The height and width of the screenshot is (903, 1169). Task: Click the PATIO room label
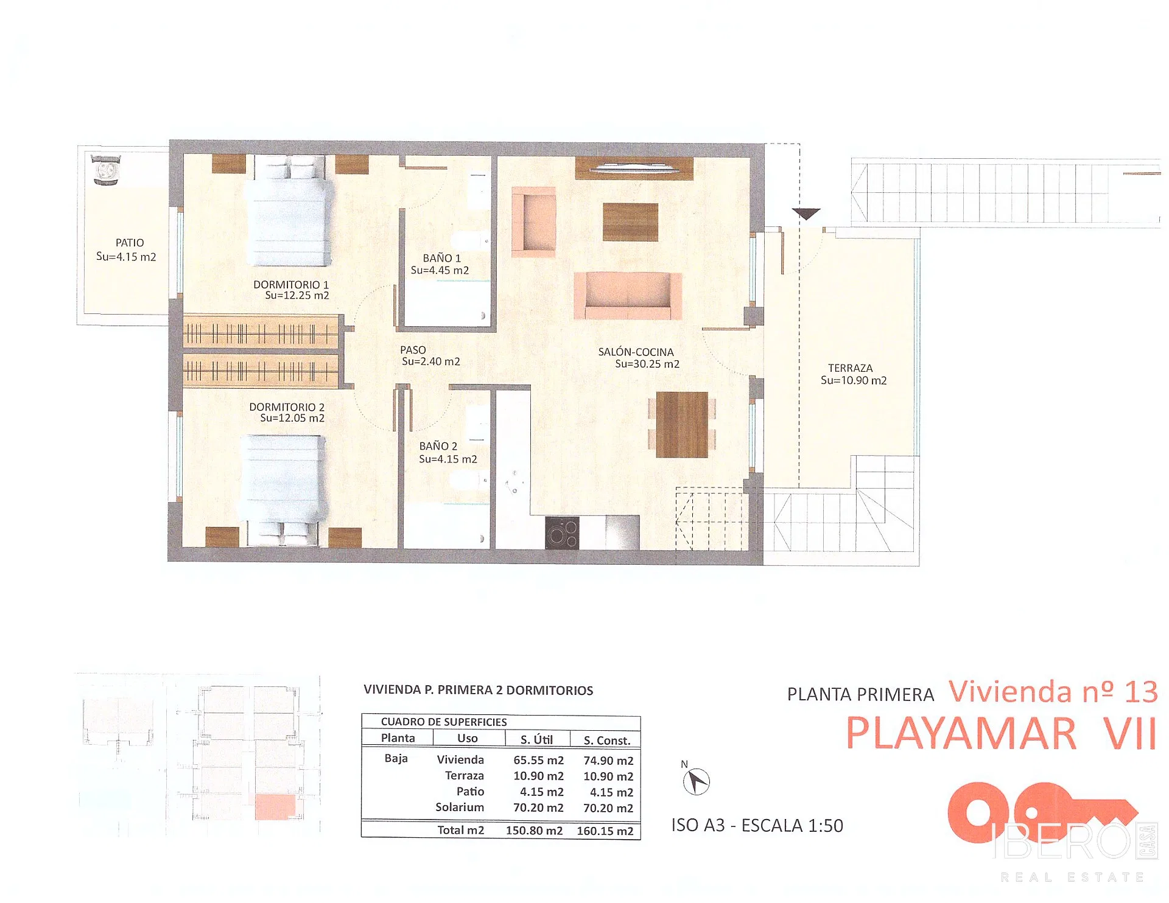[x=130, y=243]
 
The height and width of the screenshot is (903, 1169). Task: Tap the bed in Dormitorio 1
[x=289, y=211]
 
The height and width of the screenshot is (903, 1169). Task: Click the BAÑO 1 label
[x=441, y=258]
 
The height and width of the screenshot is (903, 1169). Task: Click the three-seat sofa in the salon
[x=627, y=296]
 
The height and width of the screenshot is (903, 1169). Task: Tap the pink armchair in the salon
[x=534, y=221]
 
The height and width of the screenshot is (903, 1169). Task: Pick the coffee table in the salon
[x=630, y=221]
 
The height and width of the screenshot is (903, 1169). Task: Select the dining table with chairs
[x=682, y=424]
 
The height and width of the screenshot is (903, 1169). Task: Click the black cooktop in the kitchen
[x=561, y=532]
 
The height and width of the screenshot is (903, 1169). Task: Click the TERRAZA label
[x=850, y=368]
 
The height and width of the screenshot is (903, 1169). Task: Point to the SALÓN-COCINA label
[x=636, y=352]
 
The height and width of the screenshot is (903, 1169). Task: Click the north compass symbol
[x=696, y=781]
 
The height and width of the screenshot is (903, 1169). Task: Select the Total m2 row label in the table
[x=460, y=830]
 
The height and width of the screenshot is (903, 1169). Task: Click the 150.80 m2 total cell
[x=534, y=831]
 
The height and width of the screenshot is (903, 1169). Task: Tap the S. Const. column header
[x=606, y=741]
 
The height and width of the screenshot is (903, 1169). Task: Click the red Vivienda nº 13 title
[x=1053, y=692]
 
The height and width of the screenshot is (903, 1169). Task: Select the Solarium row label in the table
[x=460, y=807]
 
